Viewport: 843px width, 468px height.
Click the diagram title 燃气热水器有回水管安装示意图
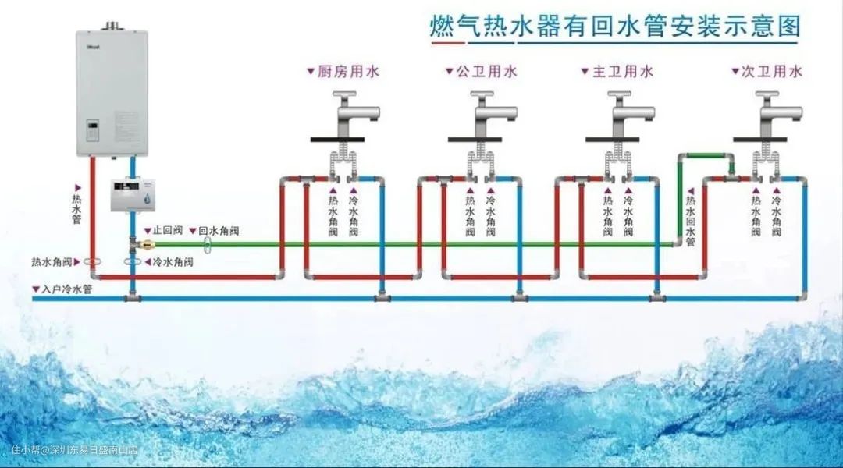[616, 27]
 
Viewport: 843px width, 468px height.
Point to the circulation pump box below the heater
[133, 195]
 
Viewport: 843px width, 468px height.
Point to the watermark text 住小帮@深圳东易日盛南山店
[74, 450]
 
